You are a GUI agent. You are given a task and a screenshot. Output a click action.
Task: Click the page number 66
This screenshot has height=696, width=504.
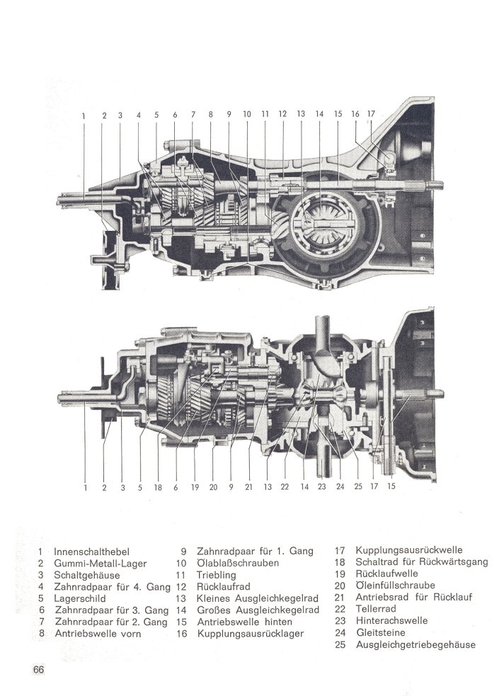[39, 669]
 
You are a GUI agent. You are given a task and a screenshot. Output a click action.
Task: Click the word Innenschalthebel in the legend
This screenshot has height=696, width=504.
[92, 552]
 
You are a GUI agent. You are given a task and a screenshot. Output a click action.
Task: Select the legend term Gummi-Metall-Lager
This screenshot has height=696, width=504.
[101, 564]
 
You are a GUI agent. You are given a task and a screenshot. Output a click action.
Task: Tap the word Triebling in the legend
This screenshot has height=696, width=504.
[217, 575]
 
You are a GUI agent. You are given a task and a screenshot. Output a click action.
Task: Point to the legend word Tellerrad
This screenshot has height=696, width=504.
[376, 609]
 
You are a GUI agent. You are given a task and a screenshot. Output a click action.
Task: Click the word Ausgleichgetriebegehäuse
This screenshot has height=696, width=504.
[416, 644]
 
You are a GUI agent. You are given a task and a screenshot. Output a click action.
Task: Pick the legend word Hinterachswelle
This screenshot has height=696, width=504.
[391, 620]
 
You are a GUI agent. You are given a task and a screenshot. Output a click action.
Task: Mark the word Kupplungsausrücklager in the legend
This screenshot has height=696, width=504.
[250, 634]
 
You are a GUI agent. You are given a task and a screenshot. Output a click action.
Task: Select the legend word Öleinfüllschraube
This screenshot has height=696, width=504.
[395, 586]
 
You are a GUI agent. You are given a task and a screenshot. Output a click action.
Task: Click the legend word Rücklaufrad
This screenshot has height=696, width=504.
[223, 587]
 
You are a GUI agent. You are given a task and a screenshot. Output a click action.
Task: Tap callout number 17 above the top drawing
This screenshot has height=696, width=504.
[372, 114]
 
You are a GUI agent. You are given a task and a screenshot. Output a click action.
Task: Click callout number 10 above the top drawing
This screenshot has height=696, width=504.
[246, 114]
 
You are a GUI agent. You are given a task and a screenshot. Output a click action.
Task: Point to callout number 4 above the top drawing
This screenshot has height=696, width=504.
[139, 115]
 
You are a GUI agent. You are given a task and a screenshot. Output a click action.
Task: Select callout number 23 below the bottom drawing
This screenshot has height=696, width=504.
[321, 486]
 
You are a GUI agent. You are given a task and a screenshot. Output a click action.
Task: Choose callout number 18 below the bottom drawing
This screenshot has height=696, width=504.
[158, 487]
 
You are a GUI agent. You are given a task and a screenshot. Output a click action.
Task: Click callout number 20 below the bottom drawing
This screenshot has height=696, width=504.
[213, 487]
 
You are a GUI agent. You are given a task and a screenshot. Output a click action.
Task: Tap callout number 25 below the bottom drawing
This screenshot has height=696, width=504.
[358, 486]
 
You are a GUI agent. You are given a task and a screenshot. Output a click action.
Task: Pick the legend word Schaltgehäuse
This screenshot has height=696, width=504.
[87, 575]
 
